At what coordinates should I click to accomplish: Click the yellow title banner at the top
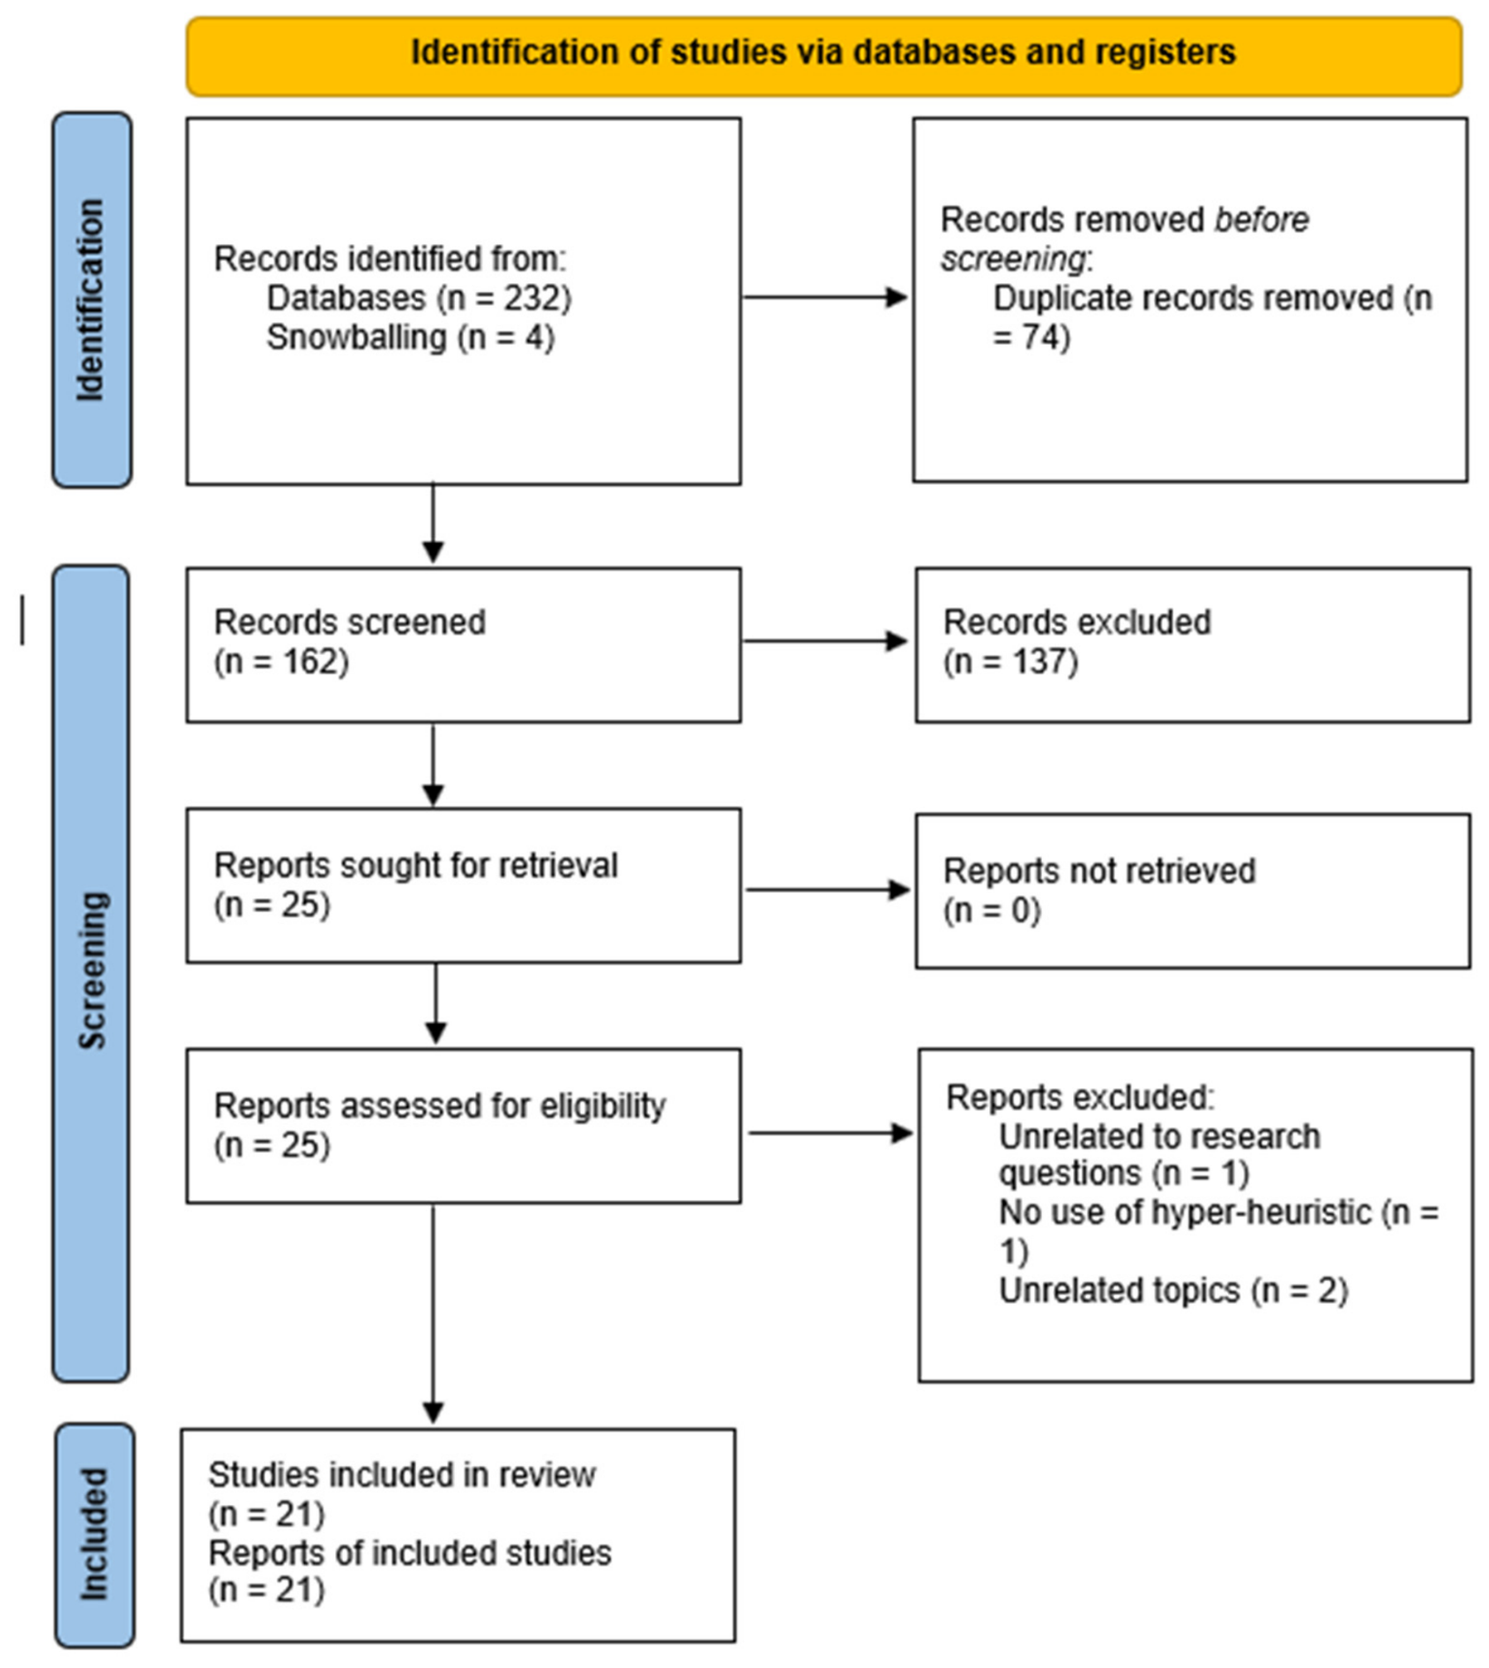coord(824,56)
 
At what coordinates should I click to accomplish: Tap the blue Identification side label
coord(92,300)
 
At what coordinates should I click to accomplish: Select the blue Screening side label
coord(91,973)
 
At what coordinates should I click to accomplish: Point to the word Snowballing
coord(357,338)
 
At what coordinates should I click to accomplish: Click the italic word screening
coord(1013,259)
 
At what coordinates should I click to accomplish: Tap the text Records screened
coord(349,622)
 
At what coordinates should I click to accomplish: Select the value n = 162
coord(281,662)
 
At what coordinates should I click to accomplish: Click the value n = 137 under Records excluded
coord(1010,662)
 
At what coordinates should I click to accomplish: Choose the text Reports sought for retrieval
coord(416,865)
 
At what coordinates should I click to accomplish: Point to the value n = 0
coord(992,910)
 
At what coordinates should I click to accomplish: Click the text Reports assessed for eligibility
coord(440,1107)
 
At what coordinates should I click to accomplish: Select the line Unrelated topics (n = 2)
coord(1173,1291)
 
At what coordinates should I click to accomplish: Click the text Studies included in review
coord(402,1474)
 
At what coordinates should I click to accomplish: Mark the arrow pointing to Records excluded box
coord(826,642)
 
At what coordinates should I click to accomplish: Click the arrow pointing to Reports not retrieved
coord(827,890)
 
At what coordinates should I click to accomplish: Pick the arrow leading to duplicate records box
coord(826,297)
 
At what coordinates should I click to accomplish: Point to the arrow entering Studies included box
coord(433,1314)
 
